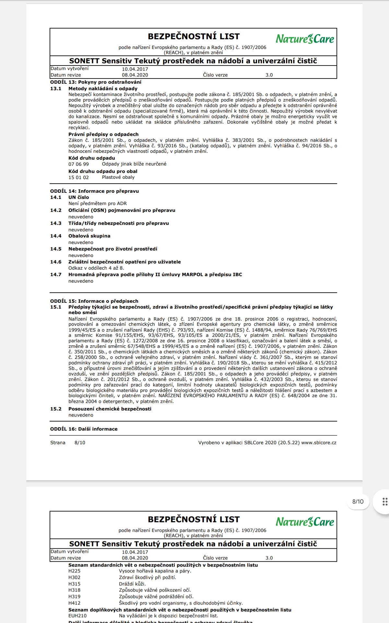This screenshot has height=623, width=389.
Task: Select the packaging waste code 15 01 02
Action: coord(78,177)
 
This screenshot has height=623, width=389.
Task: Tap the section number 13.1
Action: coord(56,89)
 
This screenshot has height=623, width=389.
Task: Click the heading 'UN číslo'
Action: coord(78,197)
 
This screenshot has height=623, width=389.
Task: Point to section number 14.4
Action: coord(56,236)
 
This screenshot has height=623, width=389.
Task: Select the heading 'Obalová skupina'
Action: coord(89,236)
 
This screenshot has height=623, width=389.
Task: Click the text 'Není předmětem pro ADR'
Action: coord(97,203)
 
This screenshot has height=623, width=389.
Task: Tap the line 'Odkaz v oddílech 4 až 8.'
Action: coord(96,268)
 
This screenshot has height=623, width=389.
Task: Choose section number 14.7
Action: coord(56,275)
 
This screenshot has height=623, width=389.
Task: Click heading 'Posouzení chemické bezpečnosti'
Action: coord(110,409)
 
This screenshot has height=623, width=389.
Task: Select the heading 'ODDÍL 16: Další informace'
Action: coord(84,429)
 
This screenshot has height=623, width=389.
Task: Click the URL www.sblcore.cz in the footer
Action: coord(319,443)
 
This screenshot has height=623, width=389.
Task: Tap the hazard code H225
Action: coord(74,571)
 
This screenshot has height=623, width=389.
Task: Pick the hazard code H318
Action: coord(74,590)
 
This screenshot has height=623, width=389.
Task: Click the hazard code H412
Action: coord(74,603)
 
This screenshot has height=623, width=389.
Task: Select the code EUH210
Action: coord(77,616)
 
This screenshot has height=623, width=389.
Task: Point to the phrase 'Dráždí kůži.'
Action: coord(132,584)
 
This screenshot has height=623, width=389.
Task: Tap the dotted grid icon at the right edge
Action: coord(385,502)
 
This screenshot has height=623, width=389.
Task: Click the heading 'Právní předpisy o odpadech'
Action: coord(103,134)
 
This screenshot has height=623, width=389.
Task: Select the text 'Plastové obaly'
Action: coord(118,177)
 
